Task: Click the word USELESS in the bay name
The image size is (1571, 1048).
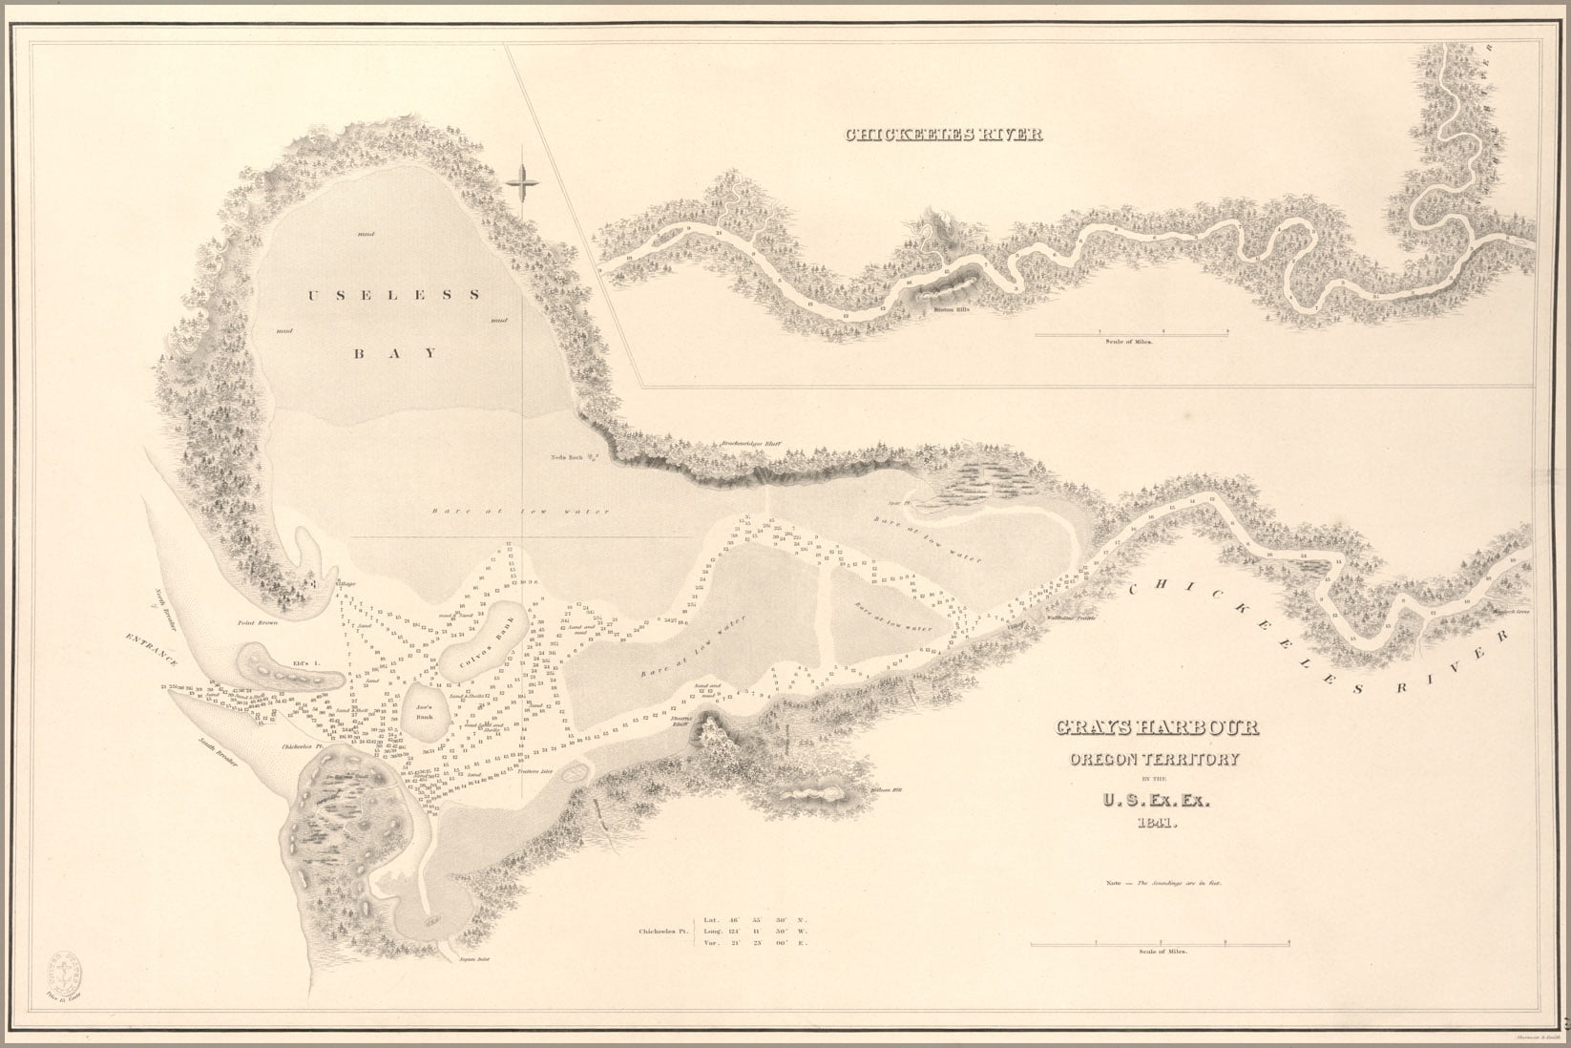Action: pyautogui.click(x=392, y=295)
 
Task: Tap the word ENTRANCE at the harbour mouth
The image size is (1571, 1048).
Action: pyautogui.click(x=156, y=650)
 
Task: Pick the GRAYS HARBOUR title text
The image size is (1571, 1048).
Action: pyautogui.click(x=1156, y=728)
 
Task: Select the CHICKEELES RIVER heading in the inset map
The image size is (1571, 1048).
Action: pyautogui.click(x=943, y=135)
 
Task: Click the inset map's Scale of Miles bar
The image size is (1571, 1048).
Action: pyautogui.click(x=1132, y=335)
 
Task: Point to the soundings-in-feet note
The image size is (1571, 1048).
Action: pyautogui.click(x=1163, y=884)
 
